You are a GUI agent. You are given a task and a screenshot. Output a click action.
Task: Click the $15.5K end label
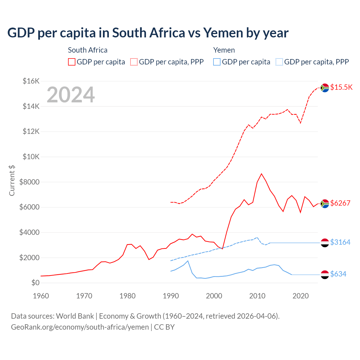click(341, 87)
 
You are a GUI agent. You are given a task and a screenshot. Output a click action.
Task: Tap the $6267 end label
click(340, 203)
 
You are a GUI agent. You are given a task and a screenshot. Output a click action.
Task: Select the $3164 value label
click(340, 242)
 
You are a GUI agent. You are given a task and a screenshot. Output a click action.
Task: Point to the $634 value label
click(338, 274)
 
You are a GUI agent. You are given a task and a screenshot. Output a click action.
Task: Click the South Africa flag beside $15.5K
click(325, 88)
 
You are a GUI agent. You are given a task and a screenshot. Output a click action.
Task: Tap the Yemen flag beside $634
click(325, 274)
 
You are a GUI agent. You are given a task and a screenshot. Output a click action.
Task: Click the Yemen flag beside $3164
click(325, 242)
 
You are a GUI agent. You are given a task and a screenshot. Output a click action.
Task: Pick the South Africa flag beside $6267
click(325, 203)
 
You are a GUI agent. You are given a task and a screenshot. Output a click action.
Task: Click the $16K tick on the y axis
click(31, 81)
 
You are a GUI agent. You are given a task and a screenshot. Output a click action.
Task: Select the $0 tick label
click(35, 283)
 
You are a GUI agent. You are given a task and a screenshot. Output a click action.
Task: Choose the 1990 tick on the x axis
click(171, 296)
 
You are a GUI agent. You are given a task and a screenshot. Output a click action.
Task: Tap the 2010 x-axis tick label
click(257, 296)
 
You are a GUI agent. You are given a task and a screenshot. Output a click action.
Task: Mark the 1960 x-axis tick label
click(41, 296)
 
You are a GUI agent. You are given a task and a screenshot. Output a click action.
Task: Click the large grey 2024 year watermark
click(71, 95)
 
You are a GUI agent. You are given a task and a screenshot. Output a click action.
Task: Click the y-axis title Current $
click(12, 181)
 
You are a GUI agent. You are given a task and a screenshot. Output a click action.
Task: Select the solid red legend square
click(72, 62)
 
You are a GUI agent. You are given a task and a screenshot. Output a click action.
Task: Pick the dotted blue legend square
click(279, 62)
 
